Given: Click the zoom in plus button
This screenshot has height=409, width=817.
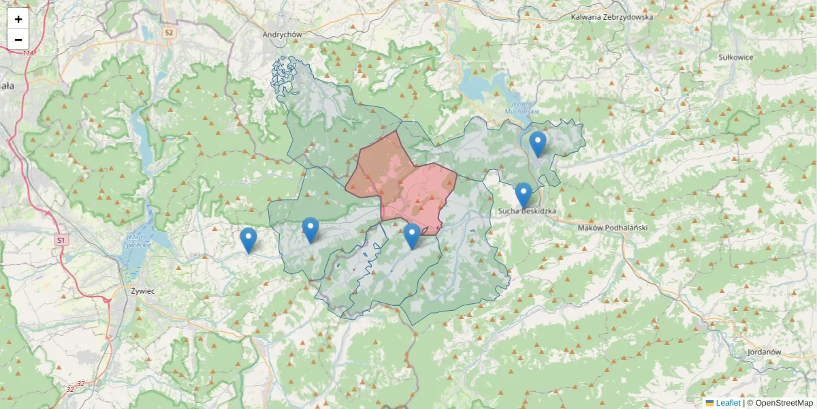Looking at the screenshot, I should (x=18, y=19).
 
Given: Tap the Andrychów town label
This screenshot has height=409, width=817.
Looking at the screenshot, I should (x=282, y=33).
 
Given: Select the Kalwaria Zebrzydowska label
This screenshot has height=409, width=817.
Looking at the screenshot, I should (x=612, y=17).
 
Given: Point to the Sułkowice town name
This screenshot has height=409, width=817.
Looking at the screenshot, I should (x=736, y=57).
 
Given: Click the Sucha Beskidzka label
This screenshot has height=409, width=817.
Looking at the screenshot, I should (x=527, y=211).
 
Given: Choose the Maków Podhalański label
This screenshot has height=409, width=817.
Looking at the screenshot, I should (x=612, y=228).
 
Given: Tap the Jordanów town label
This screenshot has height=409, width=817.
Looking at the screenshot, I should (x=763, y=352).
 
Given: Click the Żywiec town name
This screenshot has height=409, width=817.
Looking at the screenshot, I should (x=142, y=290).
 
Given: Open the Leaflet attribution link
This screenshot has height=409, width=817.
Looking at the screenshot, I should (x=727, y=403).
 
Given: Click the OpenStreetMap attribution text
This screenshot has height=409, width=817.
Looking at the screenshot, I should (x=784, y=403).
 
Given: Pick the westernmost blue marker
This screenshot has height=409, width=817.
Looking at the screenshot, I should (x=249, y=239).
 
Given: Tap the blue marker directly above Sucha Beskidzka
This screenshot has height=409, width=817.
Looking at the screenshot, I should (x=524, y=194).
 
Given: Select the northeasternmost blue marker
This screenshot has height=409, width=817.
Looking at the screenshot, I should (x=538, y=143).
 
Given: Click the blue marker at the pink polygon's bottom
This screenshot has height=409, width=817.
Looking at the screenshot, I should (x=411, y=235).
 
